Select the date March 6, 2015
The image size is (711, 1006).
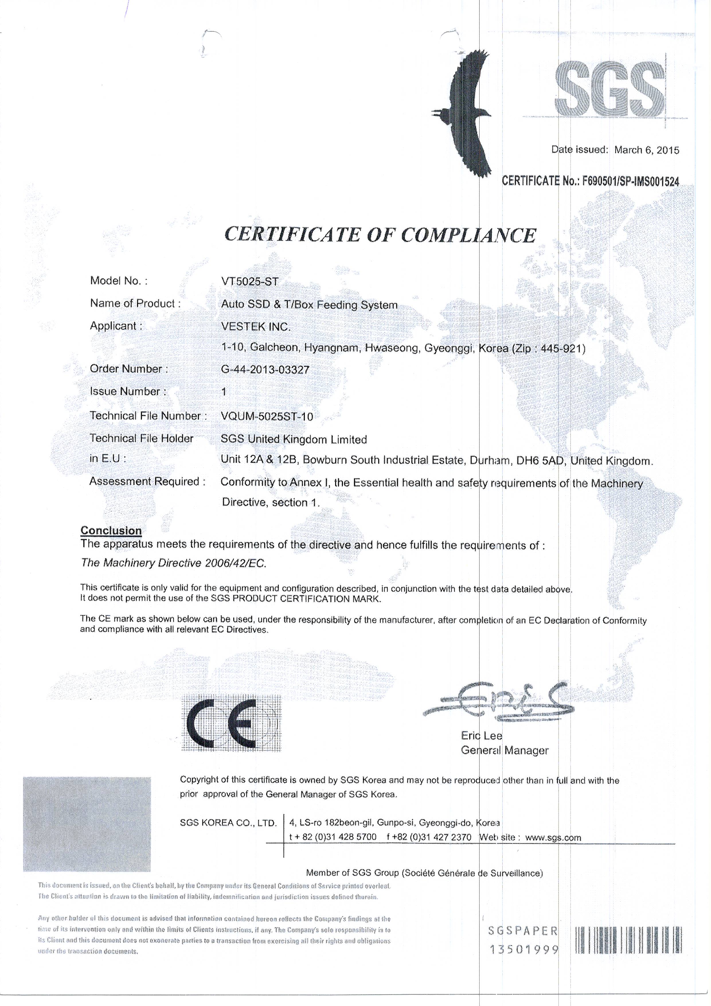click(x=646, y=150)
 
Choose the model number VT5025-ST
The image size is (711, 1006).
click(x=250, y=282)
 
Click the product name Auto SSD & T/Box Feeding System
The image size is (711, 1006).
click(x=309, y=305)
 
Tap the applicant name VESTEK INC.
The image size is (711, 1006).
click(x=256, y=327)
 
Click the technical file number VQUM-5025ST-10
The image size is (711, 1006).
click(x=267, y=416)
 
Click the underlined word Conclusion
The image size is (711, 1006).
click(x=111, y=531)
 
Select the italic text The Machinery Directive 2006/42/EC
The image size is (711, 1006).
click(x=173, y=563)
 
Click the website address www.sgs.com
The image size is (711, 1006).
click(x=553, y=837)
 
